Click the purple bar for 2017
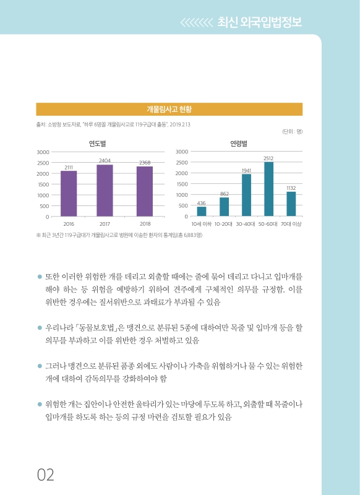tap(105, 191)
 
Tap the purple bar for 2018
tap(145, 191)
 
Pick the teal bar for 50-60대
tap(268, 189)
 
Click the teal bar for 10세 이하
tap(202, 212)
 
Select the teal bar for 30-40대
tap(246, 196)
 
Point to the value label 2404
tap(105, 160)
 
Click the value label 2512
tap(268, 158)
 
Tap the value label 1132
tap(291, 187)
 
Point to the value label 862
tap(224, 194)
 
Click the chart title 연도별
tap(98, 143)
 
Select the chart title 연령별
tap(239, 143)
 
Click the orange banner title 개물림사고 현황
tap(169, 110)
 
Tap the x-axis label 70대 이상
tap(291, 223)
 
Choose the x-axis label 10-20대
tap(224, 223)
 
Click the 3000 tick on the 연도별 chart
tap(43, 152)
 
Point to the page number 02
tap(46, 475)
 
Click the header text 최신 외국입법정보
tap(260, 23)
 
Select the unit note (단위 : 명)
tap(292, 132)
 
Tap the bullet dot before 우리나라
tap(40, 325)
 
